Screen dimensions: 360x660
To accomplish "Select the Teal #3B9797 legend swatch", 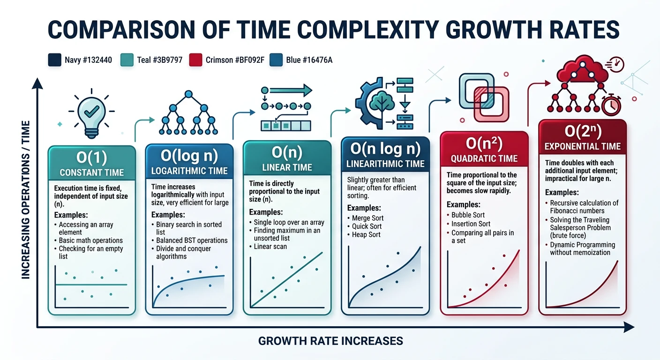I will point(127,60).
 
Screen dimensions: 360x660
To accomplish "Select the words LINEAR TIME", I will point(287,167).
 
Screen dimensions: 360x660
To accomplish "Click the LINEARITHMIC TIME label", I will point(385,164).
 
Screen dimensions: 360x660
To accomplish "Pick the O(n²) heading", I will point(484,143).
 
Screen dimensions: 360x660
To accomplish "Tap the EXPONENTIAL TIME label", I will point(582,147).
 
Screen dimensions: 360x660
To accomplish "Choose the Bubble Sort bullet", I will point(468,215).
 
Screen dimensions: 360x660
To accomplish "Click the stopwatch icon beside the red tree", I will point(611,105).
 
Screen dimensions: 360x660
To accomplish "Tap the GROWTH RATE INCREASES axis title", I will point(330,341).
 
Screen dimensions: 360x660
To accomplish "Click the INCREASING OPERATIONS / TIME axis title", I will point(26,200).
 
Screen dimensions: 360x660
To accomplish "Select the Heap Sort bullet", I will point(366,234).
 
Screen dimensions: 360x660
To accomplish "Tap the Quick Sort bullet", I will point(367,226).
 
